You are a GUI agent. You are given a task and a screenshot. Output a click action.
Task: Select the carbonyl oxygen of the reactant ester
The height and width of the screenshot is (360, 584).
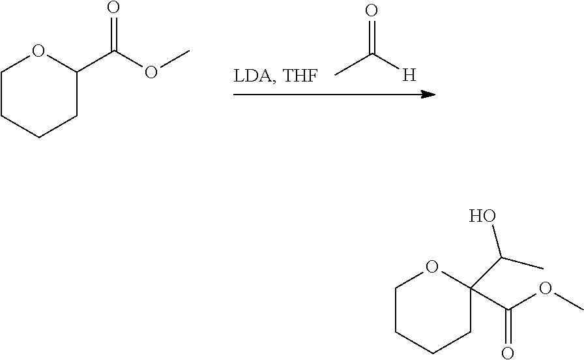click(x=113, y=8)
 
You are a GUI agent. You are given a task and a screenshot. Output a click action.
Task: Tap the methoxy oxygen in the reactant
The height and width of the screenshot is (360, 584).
click(x=151, y=72)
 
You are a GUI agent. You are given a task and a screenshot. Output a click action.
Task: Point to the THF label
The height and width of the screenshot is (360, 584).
click(x=300, y=76)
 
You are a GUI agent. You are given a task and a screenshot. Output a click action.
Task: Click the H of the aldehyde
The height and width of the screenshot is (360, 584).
click(x=409, y=76)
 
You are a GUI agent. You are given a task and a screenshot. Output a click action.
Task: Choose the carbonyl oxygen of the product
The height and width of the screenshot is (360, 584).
click(x=506, y=352)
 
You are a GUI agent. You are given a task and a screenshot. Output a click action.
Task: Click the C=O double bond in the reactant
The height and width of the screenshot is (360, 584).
click(x=114, y=33)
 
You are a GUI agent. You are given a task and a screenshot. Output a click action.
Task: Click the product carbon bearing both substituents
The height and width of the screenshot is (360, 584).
click(x=469, y=288)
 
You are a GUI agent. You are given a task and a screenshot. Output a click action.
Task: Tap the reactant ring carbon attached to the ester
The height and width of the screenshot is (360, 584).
click(x=77, y=71)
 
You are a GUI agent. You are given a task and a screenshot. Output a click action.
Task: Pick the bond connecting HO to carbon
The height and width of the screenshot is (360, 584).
click(x=495, y=242)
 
